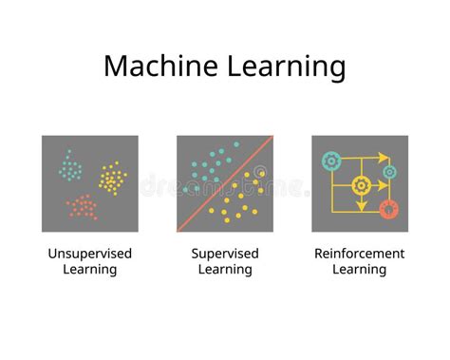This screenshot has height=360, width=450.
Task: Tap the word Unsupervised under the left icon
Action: pos(90,254)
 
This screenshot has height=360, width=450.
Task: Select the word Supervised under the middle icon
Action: pos(225,254)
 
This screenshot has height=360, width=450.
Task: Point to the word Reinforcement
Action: pos(359,254)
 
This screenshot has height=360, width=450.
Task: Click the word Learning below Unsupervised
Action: pos(90,270)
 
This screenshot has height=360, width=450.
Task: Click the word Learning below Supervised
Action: pos(225,270)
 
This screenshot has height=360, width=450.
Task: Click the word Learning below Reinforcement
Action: pos(359,270)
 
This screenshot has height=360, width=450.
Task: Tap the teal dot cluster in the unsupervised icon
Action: pos(69,165)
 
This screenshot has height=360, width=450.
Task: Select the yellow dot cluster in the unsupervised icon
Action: pos(113,177)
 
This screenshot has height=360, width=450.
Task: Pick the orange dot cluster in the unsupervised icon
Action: pos(82,205)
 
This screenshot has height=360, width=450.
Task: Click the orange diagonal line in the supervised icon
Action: pos(225,183)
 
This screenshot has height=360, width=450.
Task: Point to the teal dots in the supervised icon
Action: pos(207,164)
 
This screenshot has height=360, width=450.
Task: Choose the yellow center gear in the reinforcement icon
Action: pos(361,185)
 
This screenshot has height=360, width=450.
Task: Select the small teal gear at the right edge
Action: pos(389,172)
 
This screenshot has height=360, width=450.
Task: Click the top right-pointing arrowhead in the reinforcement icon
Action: pos(383,158)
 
